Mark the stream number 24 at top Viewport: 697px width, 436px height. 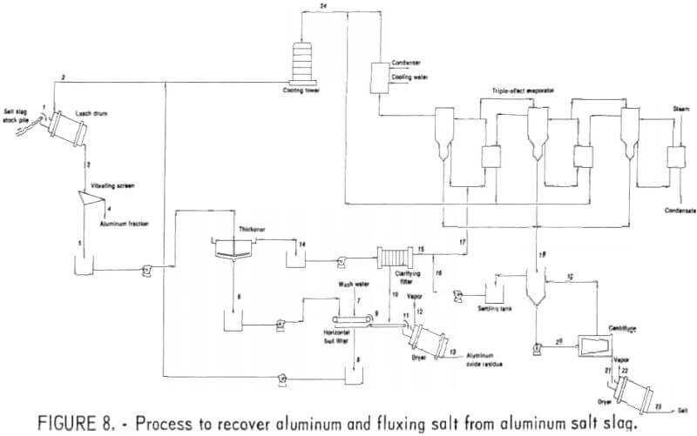coord(324,7)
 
